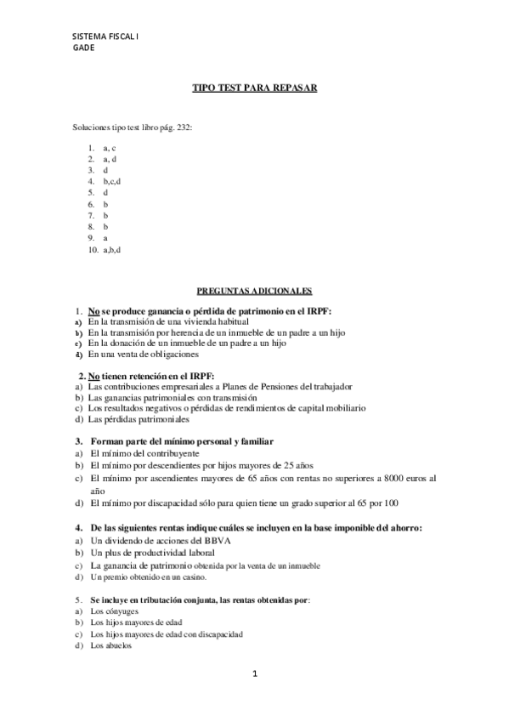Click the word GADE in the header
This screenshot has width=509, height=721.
tap(84, 48)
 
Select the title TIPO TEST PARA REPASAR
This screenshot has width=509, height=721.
tap(254, 88)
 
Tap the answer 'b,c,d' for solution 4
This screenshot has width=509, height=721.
tap(112, 181)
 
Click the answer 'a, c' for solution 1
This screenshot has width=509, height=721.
tap(109, 148)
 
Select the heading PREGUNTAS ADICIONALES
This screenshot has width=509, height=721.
tap(254, 290)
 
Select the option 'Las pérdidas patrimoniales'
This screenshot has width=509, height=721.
tap(139, 419)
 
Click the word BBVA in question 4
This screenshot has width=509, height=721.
tap(206, 541)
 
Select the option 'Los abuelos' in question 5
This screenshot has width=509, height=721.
tap(110, 645)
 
